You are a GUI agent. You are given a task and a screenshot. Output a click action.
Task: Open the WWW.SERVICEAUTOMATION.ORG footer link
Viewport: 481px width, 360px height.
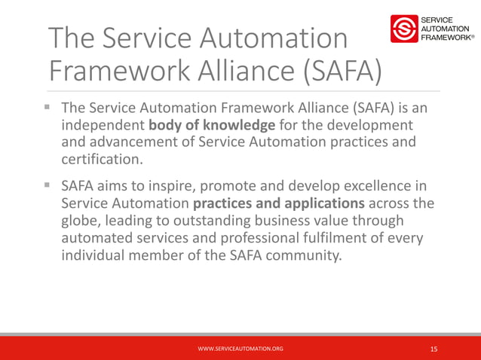240,349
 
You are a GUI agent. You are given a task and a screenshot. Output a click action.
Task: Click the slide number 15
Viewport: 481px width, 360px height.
434,349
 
